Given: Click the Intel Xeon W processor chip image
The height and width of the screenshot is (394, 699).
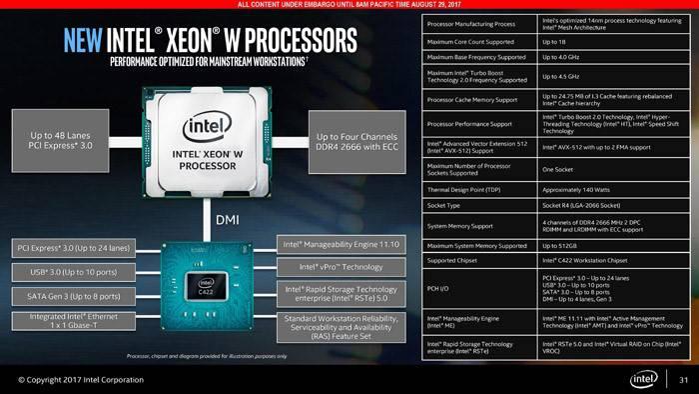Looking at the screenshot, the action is point(207,142).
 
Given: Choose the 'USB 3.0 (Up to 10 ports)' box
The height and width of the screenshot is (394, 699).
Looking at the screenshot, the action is point(71,272).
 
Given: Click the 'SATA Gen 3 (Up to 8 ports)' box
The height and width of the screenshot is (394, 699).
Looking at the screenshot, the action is point(71,296).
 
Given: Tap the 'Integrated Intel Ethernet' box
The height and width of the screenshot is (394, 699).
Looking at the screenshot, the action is point(71,322).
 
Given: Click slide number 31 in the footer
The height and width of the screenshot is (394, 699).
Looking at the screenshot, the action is point(683,380).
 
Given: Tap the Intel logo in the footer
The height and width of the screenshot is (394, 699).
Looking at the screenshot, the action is point(643,379).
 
